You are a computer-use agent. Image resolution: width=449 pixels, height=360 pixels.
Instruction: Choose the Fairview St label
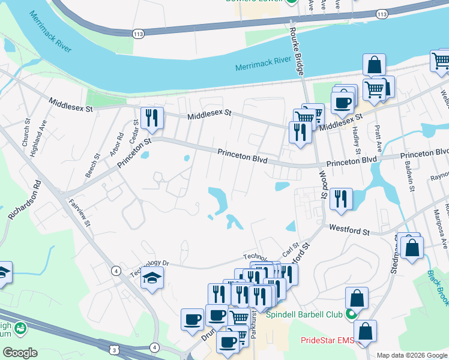(79, 213)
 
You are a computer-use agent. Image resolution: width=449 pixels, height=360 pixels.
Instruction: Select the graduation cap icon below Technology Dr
(152, 278)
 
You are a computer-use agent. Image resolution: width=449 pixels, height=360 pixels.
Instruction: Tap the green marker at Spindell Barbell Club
(351, 314)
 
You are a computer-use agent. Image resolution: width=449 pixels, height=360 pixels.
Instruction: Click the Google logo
(20, 353)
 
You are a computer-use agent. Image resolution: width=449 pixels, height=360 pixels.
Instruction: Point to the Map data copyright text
(412, 355)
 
